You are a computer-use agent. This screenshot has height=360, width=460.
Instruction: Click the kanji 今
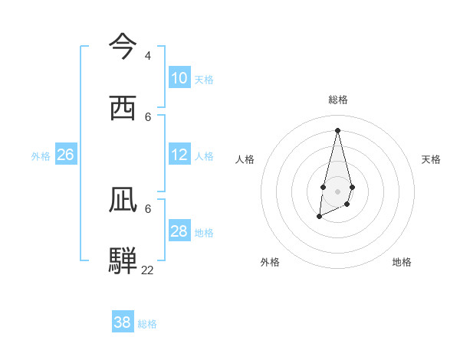pyautogui.click(x=123, y=46)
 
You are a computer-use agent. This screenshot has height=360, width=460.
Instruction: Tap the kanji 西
pyautogui.click(x=123, y=108)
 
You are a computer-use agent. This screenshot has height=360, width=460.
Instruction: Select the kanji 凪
pyautogui.click(x=123, y=200)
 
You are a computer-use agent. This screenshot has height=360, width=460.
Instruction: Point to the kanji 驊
pyautogui.click(x=123, y=260)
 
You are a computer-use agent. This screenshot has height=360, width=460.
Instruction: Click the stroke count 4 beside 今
pyautogui.click(x=148, y=56)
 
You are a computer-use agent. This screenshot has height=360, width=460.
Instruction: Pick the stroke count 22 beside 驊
pyautogui.click(x=147, y=270)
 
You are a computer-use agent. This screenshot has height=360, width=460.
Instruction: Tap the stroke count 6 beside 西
pyautogui.click(x=148, y=117)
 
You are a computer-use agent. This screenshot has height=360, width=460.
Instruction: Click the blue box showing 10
pyautogui.click(x=179, y=78)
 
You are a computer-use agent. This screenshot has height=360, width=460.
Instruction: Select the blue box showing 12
pyautogui.click(x=179, y=155)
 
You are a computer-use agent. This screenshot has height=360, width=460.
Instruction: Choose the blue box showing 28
pyautogui.click(x=179, y=231)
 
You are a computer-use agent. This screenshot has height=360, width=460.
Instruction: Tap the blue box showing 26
pyautogui.click(x=65, y=155)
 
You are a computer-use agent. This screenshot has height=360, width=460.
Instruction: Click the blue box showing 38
pyautogui.click(x=123, y=322)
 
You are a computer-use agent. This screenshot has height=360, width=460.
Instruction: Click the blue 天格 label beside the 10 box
pyautogui.click(x=204, y=80)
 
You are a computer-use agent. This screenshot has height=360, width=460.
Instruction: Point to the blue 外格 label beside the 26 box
pyautogui.click(x=41, y=156)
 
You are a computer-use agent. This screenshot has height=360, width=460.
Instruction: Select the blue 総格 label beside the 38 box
pyautogui.click(x=147, y=324)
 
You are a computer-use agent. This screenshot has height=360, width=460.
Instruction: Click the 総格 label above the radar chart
pyautogui.click(x=338, y=100)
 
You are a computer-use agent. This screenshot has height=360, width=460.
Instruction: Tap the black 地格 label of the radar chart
pyautogui.click(x=402, y=262)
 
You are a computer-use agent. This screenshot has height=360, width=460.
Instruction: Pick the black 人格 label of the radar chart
pyautogui.click(x=245, y=159)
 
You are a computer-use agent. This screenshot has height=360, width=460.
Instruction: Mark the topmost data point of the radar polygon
pyautogui.click(x=337, y=129)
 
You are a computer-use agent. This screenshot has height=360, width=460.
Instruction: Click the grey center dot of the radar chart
pyautogui.click(x=337, y=191)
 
